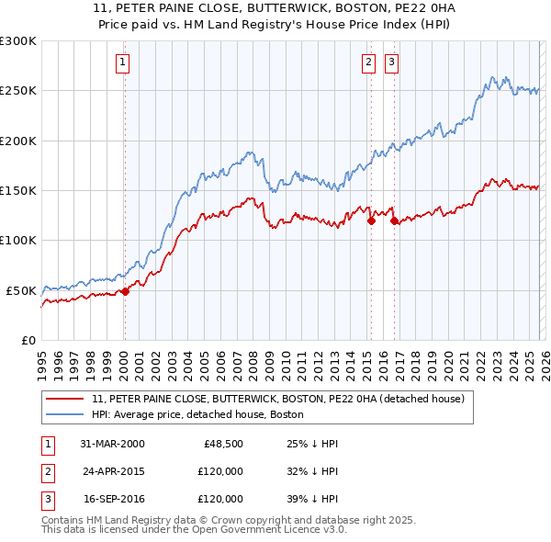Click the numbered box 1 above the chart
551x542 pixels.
123,62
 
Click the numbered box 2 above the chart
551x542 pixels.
368,62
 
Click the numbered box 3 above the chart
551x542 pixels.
391,62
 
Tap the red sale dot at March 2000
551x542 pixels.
126,291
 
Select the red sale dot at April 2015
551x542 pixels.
371,220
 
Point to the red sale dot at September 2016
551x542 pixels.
394,220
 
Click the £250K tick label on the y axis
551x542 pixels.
17,91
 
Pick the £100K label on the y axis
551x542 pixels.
17,240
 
